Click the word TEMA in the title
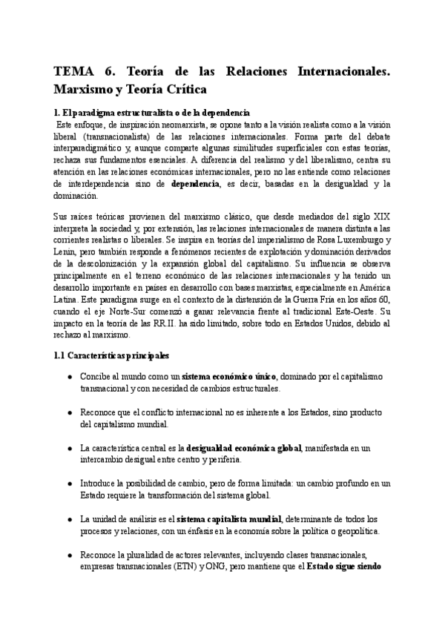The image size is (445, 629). tap(73, 73)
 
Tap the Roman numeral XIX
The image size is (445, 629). tap(379, 216)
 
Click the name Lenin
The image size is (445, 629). tap(67, 252)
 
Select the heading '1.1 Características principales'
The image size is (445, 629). tap(112, 355)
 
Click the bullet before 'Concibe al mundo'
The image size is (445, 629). tap(69, 377)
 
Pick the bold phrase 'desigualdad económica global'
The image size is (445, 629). tap(239, 448)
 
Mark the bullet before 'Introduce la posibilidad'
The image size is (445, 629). tap(69, 484)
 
